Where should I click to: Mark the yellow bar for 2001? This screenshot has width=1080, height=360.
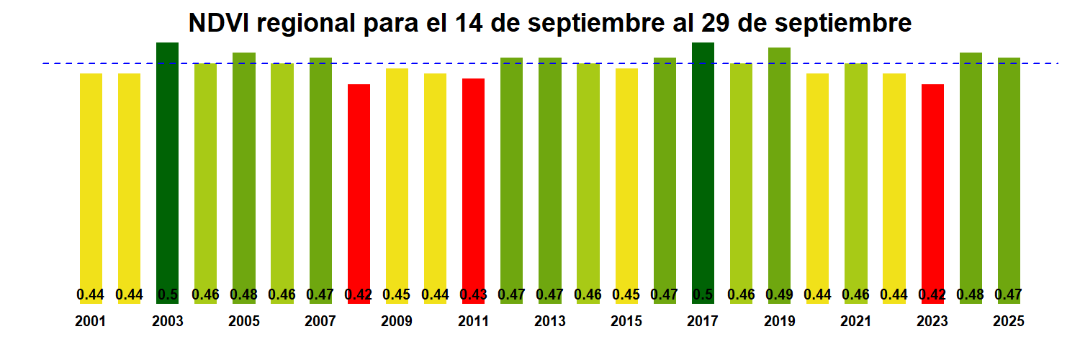tap(91, 180)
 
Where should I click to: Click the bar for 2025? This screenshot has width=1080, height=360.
tap(1009, 173)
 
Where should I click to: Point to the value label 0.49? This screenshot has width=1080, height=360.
tap(779, 294)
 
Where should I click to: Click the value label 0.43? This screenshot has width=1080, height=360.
tap(473, 294)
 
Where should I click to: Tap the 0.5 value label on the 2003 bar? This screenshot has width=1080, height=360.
tap(167, 294)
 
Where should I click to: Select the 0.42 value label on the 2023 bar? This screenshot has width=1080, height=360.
tap(932, 294)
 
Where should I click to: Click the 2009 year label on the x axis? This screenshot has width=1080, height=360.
tap(397, 322)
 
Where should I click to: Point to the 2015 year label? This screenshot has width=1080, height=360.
tap(626, 322)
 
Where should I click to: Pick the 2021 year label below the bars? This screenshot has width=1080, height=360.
tap(856, 322)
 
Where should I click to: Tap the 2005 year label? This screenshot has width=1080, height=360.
tap(244, 322)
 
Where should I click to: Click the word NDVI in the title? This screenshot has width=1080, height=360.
tap(218, 24)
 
